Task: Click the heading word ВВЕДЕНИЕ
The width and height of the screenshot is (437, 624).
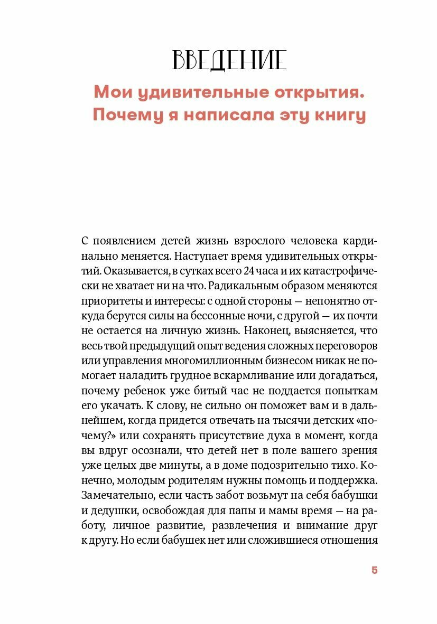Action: pyautogui.click(x=229, y=61)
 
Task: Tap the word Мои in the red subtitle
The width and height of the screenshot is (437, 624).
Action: pyautogui.click(x=110, y=92)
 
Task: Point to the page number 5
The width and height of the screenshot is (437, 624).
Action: pyautogui.click(x=374, y=570)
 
